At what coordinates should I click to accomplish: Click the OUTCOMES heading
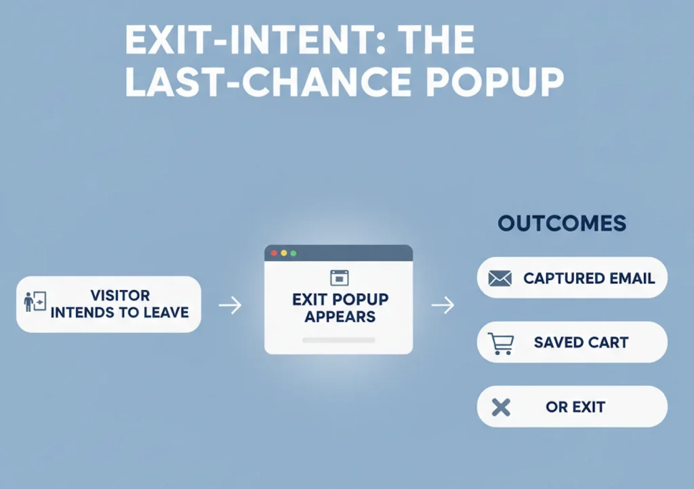click(x=562, y=224)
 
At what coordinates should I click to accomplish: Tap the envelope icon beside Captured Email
click(x=499, y=278)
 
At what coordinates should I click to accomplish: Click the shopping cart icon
click(x=501, y=343)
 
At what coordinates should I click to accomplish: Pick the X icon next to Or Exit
click(x=500, y=408)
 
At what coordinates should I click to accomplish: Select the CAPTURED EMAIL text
click(x=589, y=278)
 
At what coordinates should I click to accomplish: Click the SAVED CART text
click(x=581, y=343)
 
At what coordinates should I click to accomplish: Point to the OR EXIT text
click(x=575, y=408)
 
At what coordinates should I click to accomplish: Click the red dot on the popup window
click(x=274, y=253)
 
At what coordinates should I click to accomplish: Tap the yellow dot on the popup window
click(x=284, y=253)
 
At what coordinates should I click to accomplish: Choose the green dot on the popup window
click(x=293, y=253)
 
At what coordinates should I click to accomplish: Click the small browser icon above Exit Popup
click(x=339, y=277)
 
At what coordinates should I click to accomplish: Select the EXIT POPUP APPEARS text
click(x=340, y=308)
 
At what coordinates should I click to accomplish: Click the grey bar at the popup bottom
click(x=338, y=339)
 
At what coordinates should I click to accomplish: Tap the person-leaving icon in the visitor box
click(x=35, y=302)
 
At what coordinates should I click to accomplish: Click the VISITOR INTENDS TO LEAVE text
click(x=120, y=305)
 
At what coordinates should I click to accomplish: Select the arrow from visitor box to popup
click(x=230, y=305)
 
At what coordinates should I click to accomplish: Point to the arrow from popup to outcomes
click(x=443, y=305)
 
